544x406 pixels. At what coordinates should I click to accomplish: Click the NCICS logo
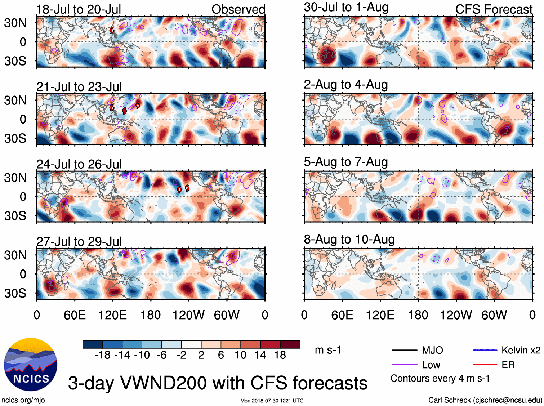[31, 365]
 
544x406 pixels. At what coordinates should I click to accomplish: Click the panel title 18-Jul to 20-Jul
[79, 9]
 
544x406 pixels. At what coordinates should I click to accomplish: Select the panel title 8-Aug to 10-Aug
[349, 239]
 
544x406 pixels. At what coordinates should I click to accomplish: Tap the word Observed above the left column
[238, 9]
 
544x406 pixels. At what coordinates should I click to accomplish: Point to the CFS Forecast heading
[494, 9]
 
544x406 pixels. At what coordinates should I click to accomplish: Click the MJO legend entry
[432, 350]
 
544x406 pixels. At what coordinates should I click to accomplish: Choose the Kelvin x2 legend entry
[521, 350]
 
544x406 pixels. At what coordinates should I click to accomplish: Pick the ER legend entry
[508, 365]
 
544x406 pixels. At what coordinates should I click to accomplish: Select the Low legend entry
[431, 365]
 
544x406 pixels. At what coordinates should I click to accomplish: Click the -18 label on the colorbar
[103, 355]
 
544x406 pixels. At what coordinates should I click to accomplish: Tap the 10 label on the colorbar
[240, 355]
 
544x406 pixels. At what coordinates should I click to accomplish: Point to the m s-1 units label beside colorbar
[328, 350]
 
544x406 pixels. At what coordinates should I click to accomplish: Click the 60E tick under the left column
[75, 315]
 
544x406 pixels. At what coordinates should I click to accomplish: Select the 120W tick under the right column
[456, 315]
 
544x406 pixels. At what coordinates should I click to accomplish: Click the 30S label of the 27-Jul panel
[15, 293]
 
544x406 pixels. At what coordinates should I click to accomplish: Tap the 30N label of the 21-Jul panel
[15, 100]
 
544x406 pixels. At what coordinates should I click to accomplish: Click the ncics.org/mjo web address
[23, 400]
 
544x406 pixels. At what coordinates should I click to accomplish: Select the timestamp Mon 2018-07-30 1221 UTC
[272, 401]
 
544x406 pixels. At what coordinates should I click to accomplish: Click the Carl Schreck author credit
[485, 400]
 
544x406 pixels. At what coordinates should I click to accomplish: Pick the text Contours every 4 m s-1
[440, 379]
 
